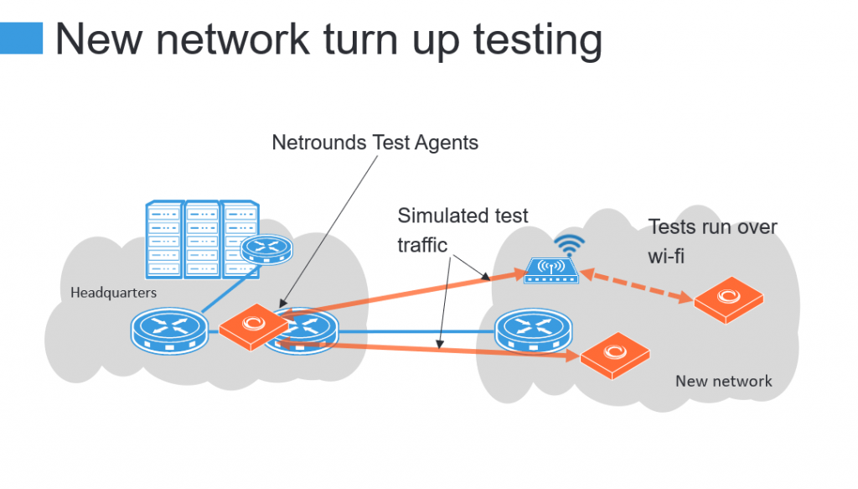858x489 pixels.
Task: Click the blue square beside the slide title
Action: pyautogui.click(x=21, y=38)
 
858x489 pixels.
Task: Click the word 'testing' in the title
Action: pyautogui.click(x=538, y=40)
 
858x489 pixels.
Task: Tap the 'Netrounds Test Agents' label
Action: pyautogui.click(x=375, y=143)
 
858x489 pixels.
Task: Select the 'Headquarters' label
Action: pyautogui.click(x=113, y=293)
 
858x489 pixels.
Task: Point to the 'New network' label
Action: pyautogui.click(x=723, y=381)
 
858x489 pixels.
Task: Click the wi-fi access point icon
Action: pyautogui.click(x=551, y=271)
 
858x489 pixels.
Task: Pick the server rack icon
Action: pyautogui.click(x=203, y=239)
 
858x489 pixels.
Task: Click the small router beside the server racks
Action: pyautogui.click(x=266, y=250)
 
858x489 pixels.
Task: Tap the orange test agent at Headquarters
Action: pyautogui.click(x=253, y=327)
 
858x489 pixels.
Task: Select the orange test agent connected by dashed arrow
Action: pyautogui.click(x=728, y=300)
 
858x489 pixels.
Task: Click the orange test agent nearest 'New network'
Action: pyautogui.click(x=614, y=356)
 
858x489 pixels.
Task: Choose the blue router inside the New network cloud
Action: pyautogui.click(x=534, y=331)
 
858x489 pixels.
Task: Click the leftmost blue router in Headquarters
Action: pyautogui.click(x=169, y=330)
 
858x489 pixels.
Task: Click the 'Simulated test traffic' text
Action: pyautogui.click(x=463, y=230)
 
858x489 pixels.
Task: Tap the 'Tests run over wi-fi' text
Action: pyautogui.click(x=712, y=242)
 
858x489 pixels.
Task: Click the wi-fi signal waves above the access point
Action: pyautogui.click(x=569, y=245)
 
